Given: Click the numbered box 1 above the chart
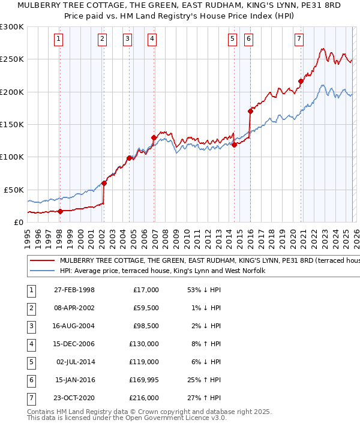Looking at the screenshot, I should coord(59,40).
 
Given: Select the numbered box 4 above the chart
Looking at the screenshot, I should coord(152,40).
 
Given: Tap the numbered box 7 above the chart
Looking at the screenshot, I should coord(299,40).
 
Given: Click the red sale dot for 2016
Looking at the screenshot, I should coord(250,111).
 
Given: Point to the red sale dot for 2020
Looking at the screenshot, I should coord(301,81).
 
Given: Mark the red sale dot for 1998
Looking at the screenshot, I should coord(60,211).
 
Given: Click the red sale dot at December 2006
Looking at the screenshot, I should coord(154,137).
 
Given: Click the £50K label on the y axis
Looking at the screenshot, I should coord(14,189).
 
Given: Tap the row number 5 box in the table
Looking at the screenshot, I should coord(31,361).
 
